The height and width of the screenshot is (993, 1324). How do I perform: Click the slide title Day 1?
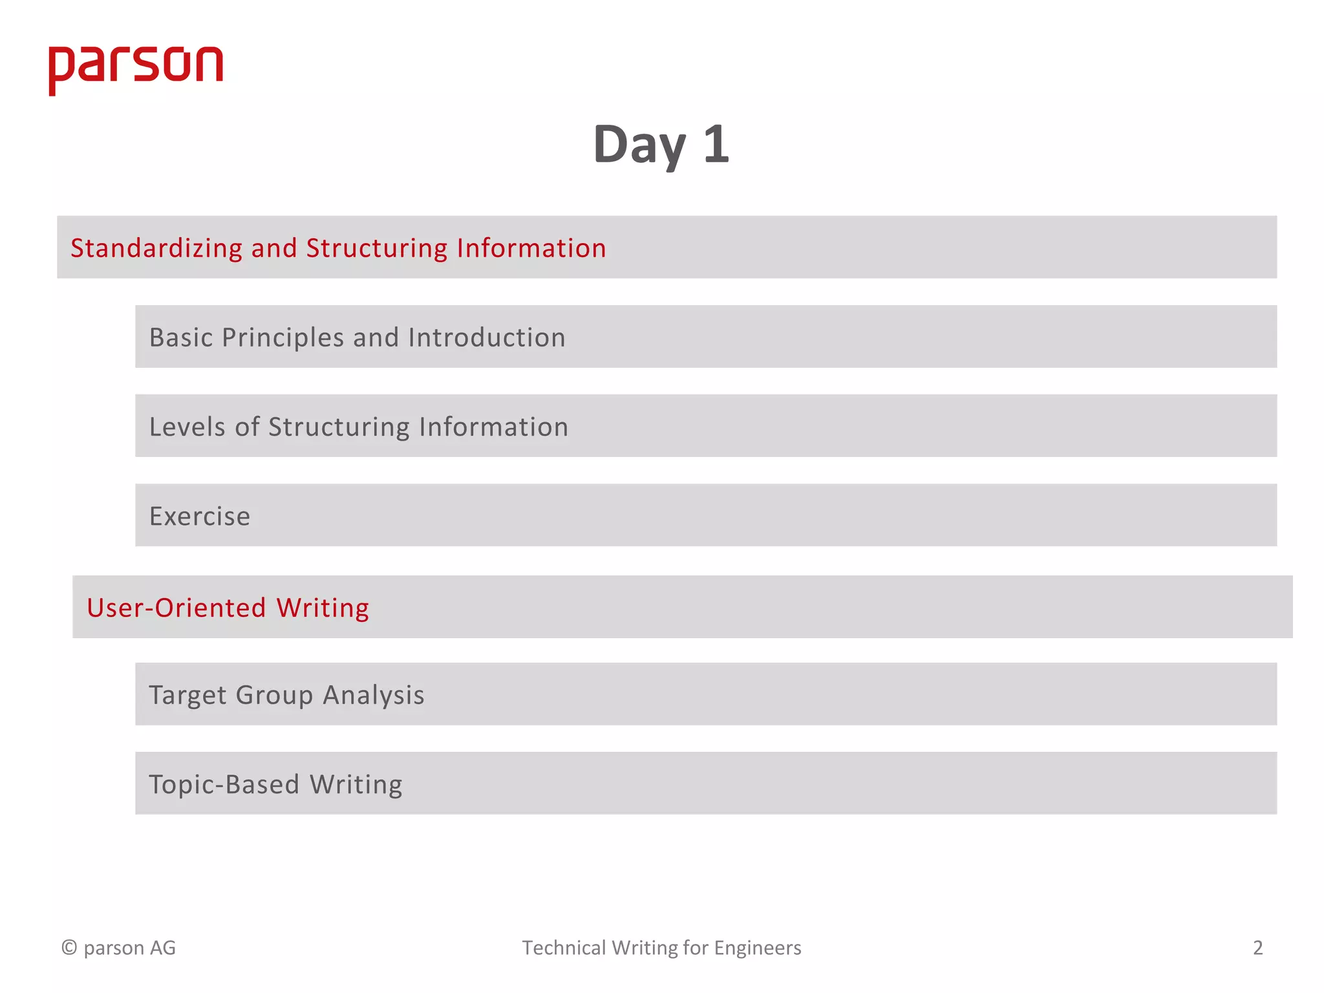tap(661, 145)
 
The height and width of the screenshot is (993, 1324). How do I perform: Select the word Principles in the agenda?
tap(283, 337)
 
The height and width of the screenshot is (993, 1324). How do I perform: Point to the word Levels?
tap(187, 427)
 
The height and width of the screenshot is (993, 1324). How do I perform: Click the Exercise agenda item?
tap(200, 517)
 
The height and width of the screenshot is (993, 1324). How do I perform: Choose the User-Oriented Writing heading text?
tap(228, 608)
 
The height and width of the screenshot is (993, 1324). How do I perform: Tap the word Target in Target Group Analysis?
tap(187, 696)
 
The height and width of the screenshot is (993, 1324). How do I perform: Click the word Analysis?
tap(374, 696)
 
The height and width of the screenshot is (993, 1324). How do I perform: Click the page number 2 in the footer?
tap(1257, 948)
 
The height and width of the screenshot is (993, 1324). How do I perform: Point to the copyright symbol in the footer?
tap(69, 948)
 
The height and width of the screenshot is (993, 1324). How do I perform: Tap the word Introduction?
tap(487, 337)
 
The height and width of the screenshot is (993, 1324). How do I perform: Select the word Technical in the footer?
tap(564, 948)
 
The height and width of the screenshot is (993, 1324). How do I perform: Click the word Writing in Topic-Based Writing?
tap(356, 785)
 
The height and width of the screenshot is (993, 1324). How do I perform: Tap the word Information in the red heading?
tap(531, 248)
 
